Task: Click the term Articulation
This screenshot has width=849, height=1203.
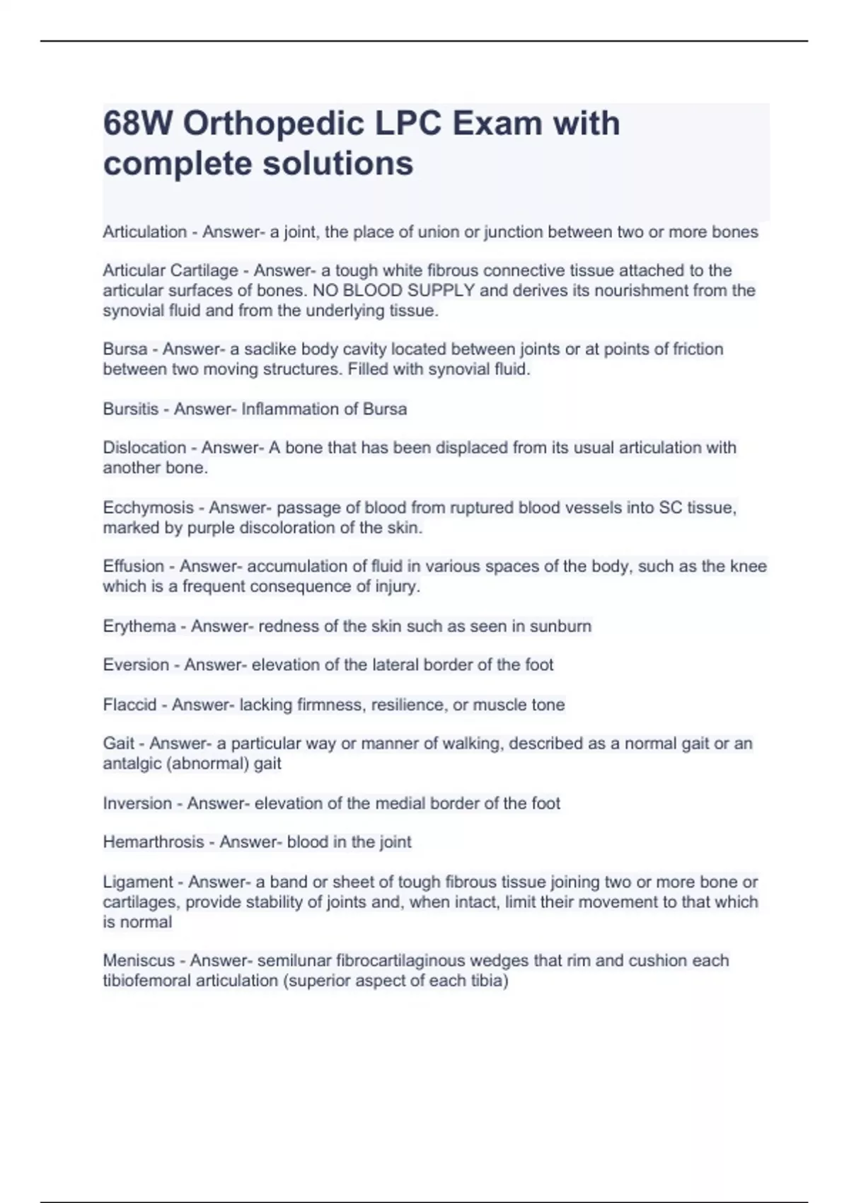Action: coord(145,232)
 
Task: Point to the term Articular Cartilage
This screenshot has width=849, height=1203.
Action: coord(171,270)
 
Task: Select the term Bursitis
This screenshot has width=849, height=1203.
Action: coord(131,409)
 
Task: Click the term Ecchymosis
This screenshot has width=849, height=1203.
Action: coord(146,507)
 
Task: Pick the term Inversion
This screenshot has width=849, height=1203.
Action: coord(137,803)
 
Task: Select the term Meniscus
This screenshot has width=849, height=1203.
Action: coord(139,960)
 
